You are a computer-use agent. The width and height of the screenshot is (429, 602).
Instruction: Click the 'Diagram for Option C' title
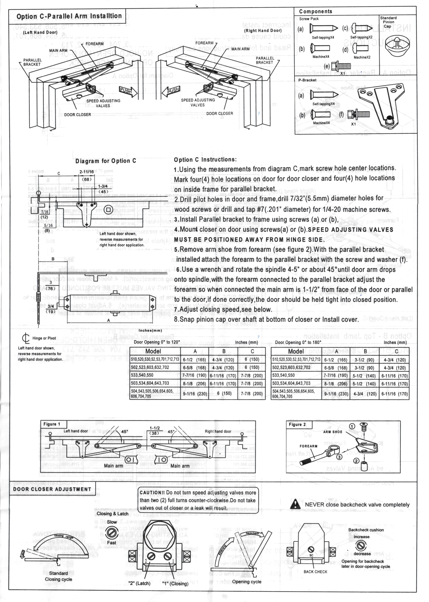[106, 161]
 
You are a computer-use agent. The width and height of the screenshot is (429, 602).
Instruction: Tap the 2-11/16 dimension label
[87, 172]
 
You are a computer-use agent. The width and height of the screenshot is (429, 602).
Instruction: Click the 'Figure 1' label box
[52, 424]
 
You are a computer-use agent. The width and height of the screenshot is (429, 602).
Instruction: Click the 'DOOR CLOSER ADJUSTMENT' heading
[52, 489]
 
